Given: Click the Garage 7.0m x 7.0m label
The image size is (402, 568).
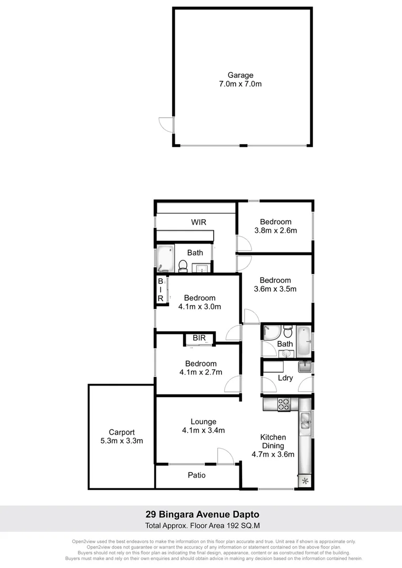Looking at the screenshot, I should pyautogui.click(x=240, y=79).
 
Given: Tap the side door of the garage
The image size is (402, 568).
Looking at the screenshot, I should pyautogui.click(x=167, y=125).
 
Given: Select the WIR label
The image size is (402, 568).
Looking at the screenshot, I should pyautogui.click(x=198, y=222).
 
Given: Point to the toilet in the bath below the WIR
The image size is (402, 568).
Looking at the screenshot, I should pyautogui.click(x=183, y=267).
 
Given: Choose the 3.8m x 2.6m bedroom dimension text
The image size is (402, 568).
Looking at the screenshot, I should pyautogui.click(x=275, y=230).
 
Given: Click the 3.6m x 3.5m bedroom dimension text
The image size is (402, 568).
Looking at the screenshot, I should pyautogui.click(x=275, y=289).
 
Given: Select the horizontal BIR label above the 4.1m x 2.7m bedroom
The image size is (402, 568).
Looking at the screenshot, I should pyautogui.click(x=199, y=338).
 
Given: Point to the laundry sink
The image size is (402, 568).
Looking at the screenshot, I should pyautogui.click(x=305, y=367).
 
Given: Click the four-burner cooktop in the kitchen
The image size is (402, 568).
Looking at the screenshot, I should pyautogui.click(x=284, y=404).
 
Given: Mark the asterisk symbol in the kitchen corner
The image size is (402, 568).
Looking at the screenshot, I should pyautogui.click(x=305, y=480).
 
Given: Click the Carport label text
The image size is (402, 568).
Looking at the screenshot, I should pyautogui.click(x=122, y=432).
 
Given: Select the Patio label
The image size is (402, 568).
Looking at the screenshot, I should pyautogui.click(x=197, y=475).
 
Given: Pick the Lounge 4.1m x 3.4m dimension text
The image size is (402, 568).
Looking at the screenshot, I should pyautogui.click(x=203, y=430).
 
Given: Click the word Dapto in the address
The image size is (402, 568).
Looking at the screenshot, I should pyautogui.click(x=245, y=514).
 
